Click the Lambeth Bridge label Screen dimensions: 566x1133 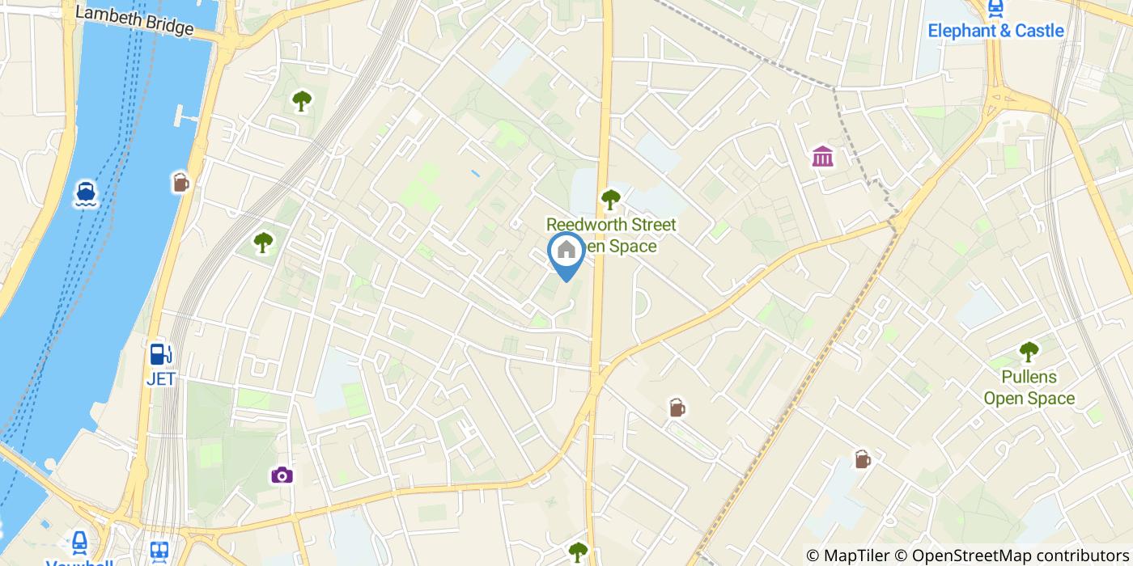[134, 21]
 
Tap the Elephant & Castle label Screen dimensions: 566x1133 [995, 31]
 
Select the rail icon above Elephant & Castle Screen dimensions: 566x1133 [995, 8]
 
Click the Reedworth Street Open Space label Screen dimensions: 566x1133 [611, 234]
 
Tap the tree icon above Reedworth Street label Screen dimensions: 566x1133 [611, 199]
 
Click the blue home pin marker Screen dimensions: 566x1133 [566, 252]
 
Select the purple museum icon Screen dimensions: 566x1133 [822, 156]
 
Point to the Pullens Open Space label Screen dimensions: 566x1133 [1029, 387]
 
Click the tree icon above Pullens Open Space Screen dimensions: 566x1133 [1029, 352]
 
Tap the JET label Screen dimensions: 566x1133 [161, 378]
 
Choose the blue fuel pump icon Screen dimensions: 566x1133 [161, 354]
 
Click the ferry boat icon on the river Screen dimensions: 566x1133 [86, 193]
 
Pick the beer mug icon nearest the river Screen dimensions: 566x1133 [180, 183]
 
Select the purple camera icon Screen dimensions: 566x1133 [282, 475]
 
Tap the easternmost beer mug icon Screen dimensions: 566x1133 [863, 460]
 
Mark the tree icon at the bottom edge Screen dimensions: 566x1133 [577, 553]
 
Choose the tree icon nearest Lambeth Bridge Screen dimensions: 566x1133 [302, 101]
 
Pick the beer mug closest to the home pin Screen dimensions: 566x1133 [677, 408]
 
